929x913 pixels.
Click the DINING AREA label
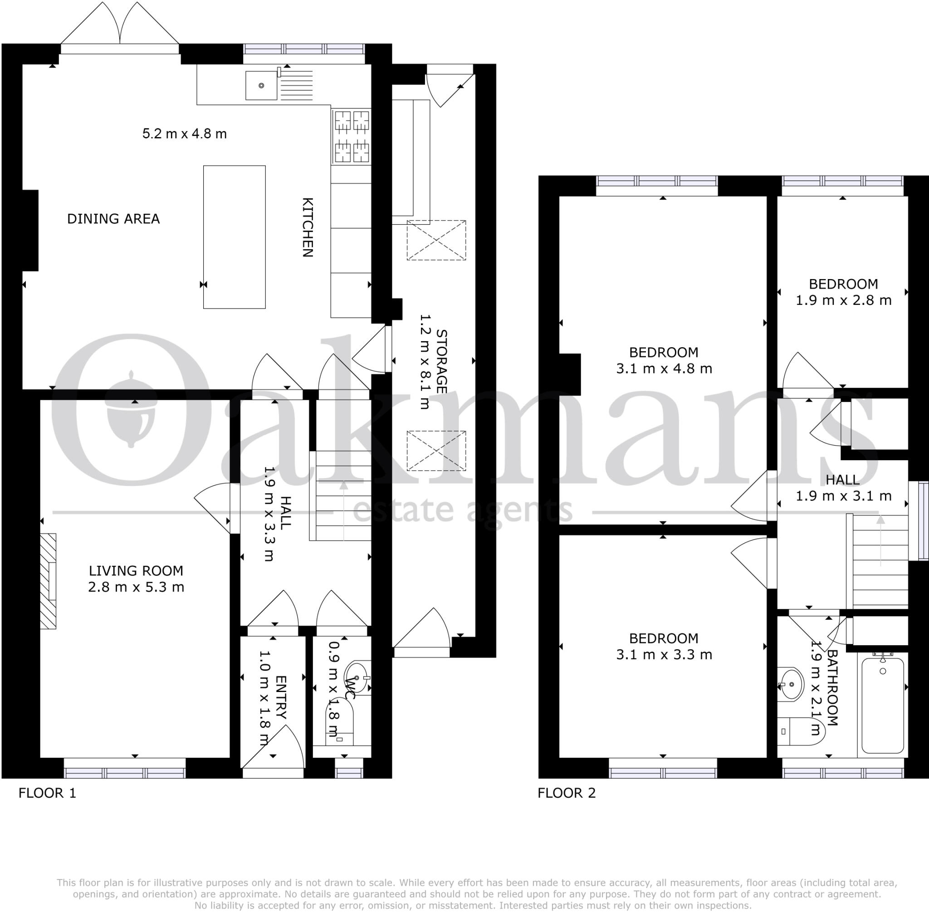(113, 219)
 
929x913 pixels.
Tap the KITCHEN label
(307, 227)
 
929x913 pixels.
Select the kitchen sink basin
(261, 86)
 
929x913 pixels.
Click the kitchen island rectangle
(234, 237)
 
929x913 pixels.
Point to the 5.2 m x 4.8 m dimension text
(184, 134)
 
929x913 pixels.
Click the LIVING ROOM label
(136, 571)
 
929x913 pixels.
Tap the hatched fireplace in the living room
(48, 581)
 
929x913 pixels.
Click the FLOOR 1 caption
(47, 793)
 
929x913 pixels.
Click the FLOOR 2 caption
(566, 793)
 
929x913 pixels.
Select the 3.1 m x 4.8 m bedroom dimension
(664, 369)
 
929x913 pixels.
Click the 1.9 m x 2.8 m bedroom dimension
(843, 301)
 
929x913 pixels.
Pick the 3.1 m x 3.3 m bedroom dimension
(664, 654)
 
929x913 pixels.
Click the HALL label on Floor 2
(842, 480)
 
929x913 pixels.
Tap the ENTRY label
(281, 698)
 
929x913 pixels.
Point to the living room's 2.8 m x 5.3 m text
(136, 587)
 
